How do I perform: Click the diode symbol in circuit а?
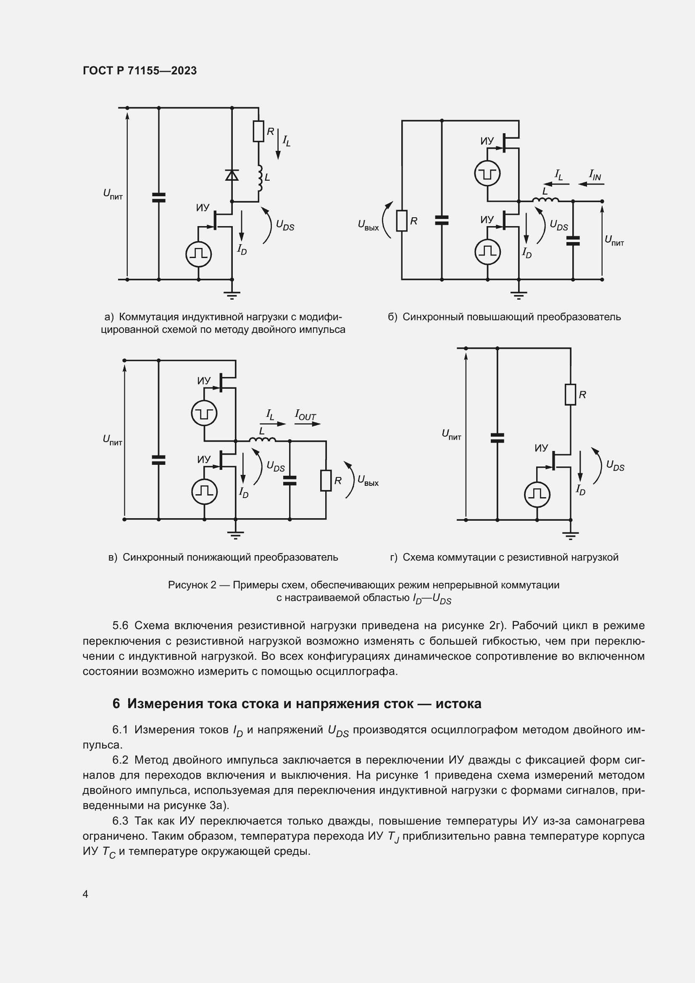point(232,175)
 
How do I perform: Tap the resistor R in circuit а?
point(258,132)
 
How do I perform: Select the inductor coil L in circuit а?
point(259,178)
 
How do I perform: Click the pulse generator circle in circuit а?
point(199,254)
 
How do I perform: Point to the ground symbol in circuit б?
point(519,294)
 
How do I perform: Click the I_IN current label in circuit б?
point(595,175)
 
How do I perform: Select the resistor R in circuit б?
point(401,221)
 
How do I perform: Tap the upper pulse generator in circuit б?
point(487,174)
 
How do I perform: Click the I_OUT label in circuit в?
point(305,415)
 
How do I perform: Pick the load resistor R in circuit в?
point(326,481)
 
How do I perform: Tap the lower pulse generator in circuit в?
point(204,491)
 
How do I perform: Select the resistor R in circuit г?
point(571,394)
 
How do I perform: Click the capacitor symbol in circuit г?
point(497,437)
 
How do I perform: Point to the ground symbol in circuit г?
point(571,535)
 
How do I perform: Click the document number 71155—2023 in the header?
point(162,71)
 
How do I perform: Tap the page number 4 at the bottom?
point(86,894)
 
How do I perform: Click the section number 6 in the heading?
point(116,704)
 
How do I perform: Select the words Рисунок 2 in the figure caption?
point(192,585)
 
